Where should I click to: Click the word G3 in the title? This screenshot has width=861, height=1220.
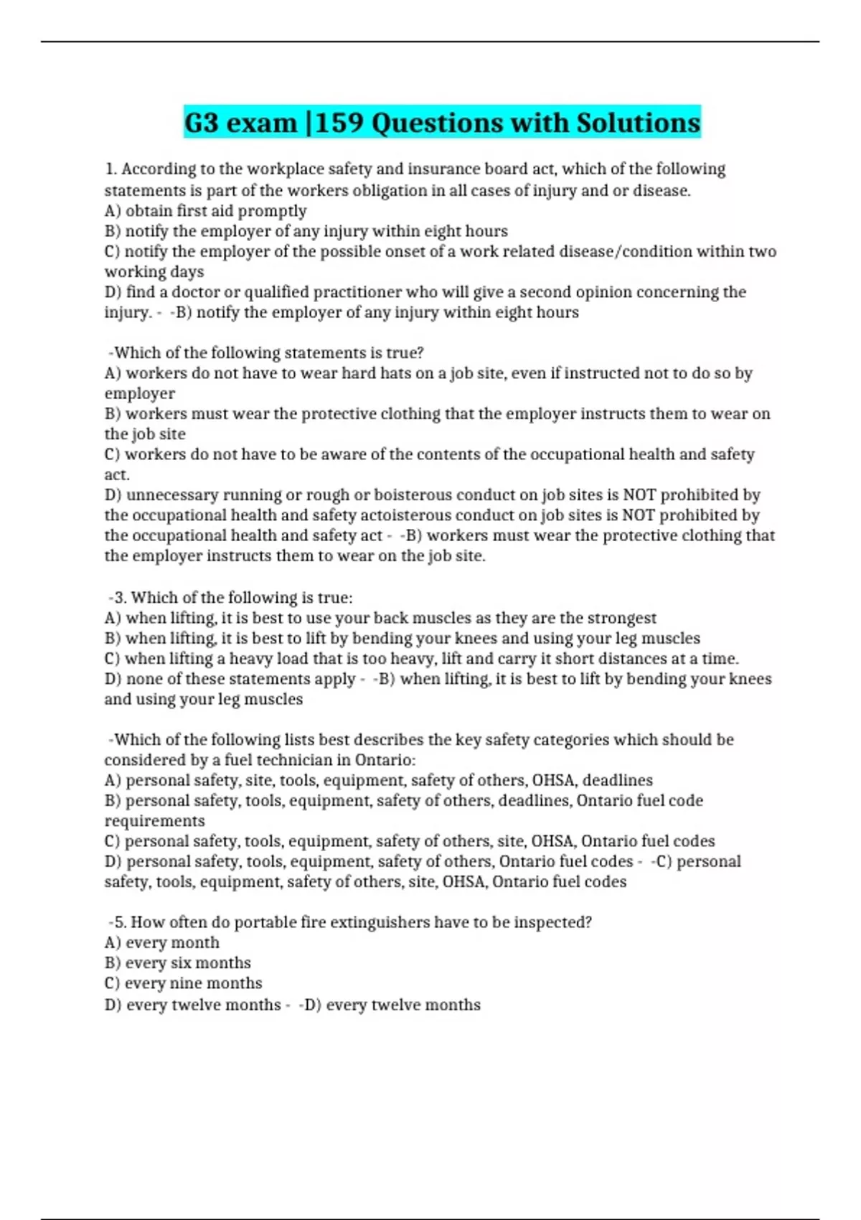tap(202, 123)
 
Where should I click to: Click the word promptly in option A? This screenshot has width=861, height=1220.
tap(272, 211)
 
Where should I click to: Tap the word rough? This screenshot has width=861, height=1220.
tap(329, 495)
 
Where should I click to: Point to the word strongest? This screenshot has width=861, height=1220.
tap(621, 618)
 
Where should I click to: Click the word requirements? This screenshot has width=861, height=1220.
tap(154, 821)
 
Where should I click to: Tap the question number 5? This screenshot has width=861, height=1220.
tap(119, 922)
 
